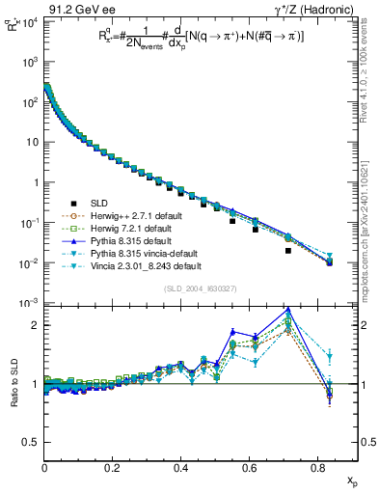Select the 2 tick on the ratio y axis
pos(34,325)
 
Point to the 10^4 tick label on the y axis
pos(27,20)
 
